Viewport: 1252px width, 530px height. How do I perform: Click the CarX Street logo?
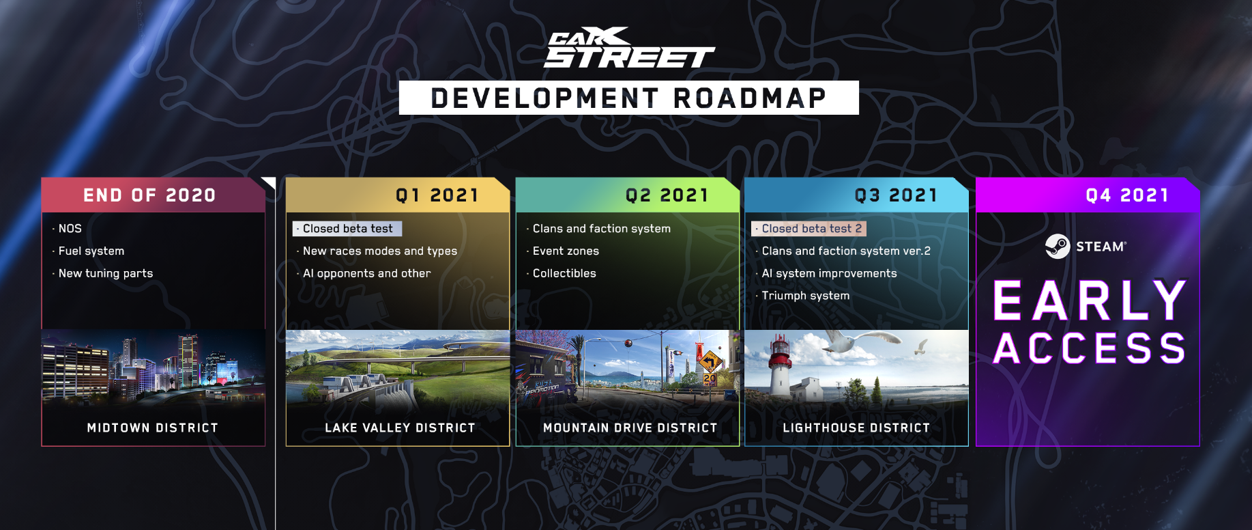point(629,48)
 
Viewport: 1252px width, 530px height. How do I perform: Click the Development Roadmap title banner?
point(628,98)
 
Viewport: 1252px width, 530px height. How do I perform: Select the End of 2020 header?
point(153,195)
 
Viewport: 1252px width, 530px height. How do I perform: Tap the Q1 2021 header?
point(398,195)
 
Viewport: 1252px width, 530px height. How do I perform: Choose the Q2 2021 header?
point(628,195)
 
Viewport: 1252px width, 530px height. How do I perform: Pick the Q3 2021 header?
point(856,195)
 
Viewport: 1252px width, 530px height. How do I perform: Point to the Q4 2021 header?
point(1088,195)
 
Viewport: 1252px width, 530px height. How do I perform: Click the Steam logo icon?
point(1058,247)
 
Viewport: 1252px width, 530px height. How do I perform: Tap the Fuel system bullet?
point(89,251)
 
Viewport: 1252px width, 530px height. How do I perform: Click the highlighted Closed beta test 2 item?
point(809,229)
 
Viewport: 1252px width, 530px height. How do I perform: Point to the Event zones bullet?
point(563,251)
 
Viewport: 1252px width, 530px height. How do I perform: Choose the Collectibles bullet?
point(562,273)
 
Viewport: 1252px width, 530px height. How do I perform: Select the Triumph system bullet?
point(802,296)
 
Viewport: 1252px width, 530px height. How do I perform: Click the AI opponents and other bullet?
point(364,273)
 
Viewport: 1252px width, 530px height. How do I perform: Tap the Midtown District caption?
point(153,428)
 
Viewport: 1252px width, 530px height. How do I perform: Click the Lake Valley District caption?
point(400,428)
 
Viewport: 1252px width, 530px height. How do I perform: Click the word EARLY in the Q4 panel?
point(1090,301)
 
